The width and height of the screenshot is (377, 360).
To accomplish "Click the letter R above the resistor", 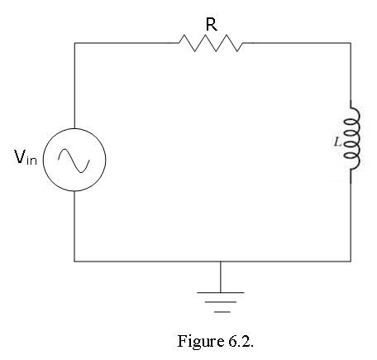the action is [x=212, y=24].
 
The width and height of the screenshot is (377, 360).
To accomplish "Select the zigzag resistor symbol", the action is [x=211, y=43].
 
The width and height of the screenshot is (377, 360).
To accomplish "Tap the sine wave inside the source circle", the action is [x=74, y=161].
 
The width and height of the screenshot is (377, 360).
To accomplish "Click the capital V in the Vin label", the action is [x=20, y=156].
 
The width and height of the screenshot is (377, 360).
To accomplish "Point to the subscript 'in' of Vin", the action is [x=31, y=160].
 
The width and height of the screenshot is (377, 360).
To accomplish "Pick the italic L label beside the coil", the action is [x=337, y=142].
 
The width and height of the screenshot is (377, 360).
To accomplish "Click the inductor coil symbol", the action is [x=351, y=142].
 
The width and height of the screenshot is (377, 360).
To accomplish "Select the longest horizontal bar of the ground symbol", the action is [x=221, y=292].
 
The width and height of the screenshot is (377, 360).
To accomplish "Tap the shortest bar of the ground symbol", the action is [x=222, y=312].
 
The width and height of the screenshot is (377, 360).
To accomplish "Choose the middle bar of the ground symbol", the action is [x=221, y=302].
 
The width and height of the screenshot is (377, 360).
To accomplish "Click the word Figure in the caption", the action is [x=201, y=342].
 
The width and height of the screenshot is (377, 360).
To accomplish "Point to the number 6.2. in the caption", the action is [x=241, y=342].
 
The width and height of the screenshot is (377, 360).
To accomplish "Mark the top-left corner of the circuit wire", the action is [x=74, y=43].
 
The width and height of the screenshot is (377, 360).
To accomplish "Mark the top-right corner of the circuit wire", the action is [x=351, y=43].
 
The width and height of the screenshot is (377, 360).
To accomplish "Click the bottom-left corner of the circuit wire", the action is [x=74, y=261].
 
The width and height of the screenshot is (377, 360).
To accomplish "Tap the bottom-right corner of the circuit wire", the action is [x=351, y=261].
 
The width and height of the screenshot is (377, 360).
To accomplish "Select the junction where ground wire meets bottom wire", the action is [x=221, y=261].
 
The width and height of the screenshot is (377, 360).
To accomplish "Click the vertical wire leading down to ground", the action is [x=221, y=276].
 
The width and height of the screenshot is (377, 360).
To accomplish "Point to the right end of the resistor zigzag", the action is [x=244, y=43].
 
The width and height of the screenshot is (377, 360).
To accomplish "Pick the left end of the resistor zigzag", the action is [x=179, y=43].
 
